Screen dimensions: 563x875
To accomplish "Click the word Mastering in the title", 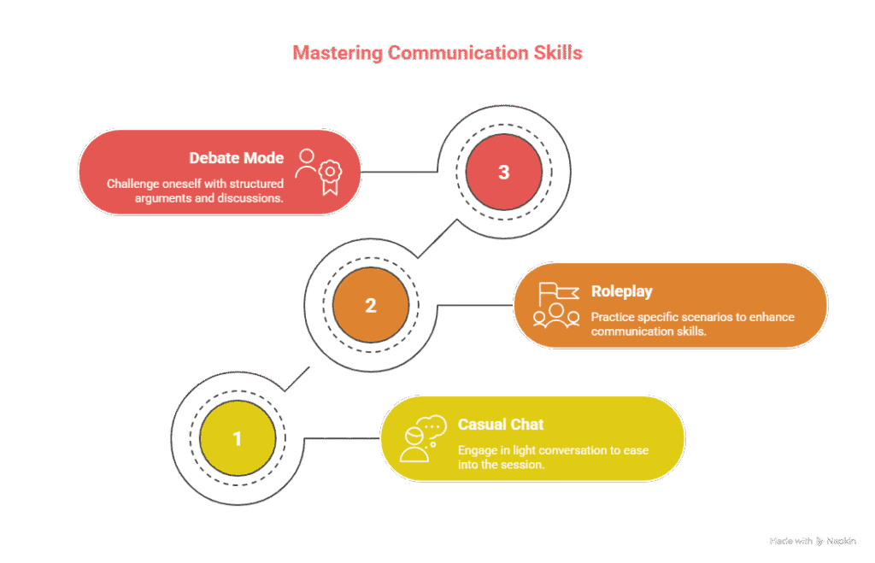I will pyautogui.click(x=337, y=53).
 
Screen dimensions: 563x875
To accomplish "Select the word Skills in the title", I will pyautogui.click(x=560, y=53).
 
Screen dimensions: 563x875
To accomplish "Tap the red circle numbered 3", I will pyautogui.click(x=503, y=172).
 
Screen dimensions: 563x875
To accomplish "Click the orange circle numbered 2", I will pyautogui.click(x=370, y=305).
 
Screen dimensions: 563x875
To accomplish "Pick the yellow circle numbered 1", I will pyautogui.click(x=237, y=439).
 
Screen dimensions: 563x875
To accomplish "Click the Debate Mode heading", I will pyautogui.click(x=237, y=158).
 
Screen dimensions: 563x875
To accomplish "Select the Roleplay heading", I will pyautogui.click(x=621, y=291).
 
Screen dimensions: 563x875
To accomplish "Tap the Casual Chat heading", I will pyautogui.click(x=501, y=425).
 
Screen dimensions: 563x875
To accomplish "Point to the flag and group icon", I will pyautogui.click(x=555, y=305).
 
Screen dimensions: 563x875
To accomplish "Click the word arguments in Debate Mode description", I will pyautogui.click(x=164, y=197).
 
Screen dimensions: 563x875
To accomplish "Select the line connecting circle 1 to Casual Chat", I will pyautogui.click(x=342, y=439).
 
